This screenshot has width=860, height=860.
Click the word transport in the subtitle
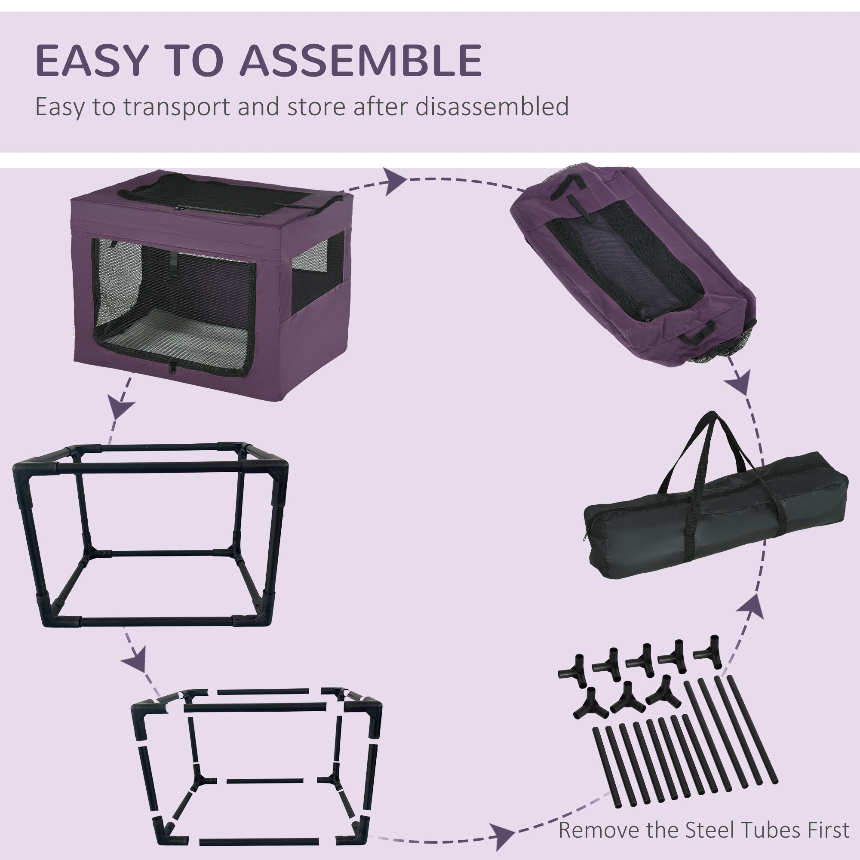(176, 107)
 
